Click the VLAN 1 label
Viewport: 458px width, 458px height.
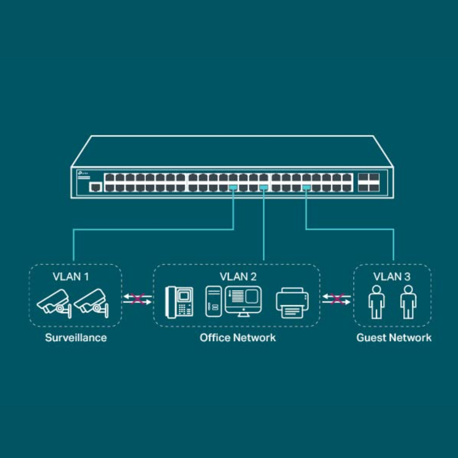(x=71, y=276)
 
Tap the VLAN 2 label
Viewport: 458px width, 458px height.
(x=238, y=276)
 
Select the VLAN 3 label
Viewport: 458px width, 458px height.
(x=391, y=276)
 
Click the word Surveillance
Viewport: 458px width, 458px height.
(x=76, y=338)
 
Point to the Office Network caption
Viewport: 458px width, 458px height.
(x=237, y=338)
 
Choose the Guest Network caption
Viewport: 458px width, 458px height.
(x=394, y=338)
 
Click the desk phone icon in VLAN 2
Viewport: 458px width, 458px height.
(x=179, y=302)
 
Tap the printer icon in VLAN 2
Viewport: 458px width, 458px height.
(x=292, y=303)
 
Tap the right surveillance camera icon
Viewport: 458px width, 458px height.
(x=91, y=302)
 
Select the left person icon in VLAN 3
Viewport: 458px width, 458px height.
(x=376, y=302)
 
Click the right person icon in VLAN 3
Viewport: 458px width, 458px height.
(x=408, y=302)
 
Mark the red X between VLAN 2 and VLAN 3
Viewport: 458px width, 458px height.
(x=337, y=299)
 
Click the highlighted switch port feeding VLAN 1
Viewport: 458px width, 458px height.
(x=233, y=187)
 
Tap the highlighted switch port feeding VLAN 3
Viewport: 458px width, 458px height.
(x=306, y=187)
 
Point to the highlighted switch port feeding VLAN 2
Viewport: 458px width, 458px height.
(x=264, y=187)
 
